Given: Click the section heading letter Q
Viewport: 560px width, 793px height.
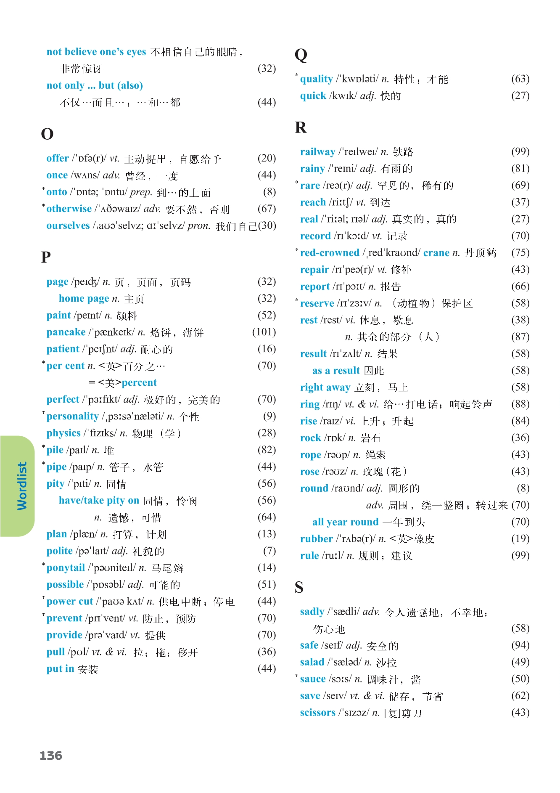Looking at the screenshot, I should click(301, 55).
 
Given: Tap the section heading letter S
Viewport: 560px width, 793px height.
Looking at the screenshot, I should click(299, 587).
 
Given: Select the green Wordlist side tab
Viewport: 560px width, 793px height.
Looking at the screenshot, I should click(19, 486).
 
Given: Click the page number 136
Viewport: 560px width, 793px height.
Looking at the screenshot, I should click(51, 756).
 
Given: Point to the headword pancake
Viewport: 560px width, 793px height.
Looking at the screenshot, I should click(66, 332).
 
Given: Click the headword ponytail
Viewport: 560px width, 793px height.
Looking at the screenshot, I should click(66, 568).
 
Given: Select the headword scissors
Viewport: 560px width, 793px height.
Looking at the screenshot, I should click(317, 713).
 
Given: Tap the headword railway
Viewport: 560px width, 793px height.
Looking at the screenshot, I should click(317, 152).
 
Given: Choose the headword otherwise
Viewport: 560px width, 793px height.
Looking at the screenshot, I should click(69, 209).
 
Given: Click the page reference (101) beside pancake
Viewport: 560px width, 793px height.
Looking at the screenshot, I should click(264, 332).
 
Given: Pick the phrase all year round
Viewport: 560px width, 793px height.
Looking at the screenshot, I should click(345, 522).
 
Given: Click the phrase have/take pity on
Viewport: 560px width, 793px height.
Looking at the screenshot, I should click(99, 500).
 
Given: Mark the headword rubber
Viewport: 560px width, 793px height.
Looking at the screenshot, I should click(317, 539).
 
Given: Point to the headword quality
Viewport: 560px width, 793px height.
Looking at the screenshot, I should click(316, 79).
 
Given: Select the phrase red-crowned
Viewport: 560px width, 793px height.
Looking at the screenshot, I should click(330, 253).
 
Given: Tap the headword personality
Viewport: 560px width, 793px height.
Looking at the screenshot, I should click(72, 416).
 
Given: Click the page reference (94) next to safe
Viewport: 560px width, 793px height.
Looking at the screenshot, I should click(520, 645).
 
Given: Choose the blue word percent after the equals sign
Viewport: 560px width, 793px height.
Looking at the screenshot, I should click(139, 383).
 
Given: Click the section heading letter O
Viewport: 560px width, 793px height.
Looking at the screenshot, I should click(47, 134).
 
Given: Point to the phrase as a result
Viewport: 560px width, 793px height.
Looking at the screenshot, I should click(336, 371).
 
